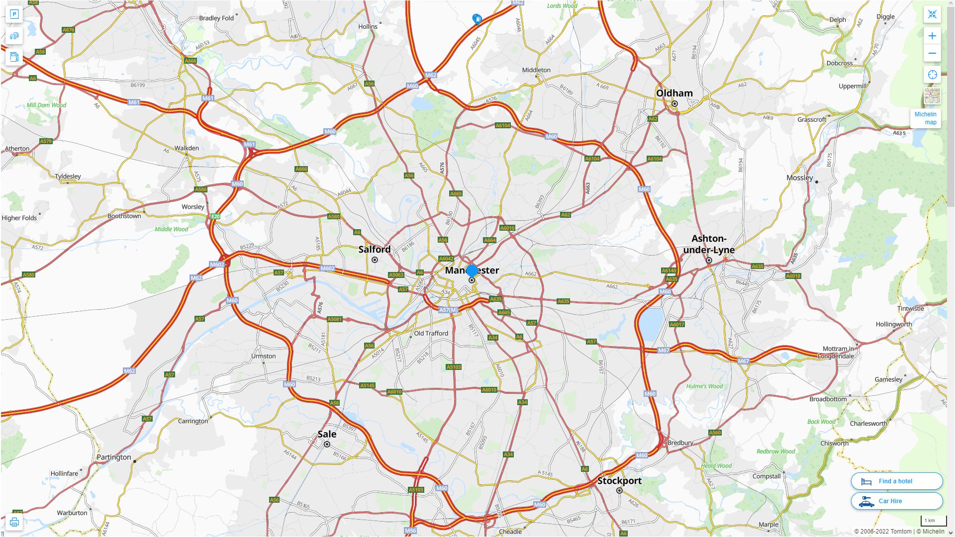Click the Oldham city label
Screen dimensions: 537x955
tap(674, 93)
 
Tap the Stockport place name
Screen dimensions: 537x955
tap(619, 481)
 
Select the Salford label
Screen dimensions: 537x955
tap(375, 250)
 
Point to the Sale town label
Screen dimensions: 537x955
tap(327, 434)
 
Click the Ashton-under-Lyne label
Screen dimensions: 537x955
tap(709, 244)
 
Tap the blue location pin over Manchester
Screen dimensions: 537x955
tap(472, 271)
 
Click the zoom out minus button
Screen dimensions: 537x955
tap(932, 54)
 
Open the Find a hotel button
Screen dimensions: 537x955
tap(896, 481)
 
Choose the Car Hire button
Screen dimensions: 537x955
tap(896, 501)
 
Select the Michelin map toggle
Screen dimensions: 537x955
tap(925, 118)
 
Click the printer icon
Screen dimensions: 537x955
tap(14, 522)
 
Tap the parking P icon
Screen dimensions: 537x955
tap(14, 14)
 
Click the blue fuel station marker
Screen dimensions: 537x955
tap(477, 19)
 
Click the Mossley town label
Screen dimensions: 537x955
tap(800, 178)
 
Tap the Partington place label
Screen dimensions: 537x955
tap(114, 457)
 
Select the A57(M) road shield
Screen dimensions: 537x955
tap(448, 310)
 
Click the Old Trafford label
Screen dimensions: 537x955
tap(431, 334)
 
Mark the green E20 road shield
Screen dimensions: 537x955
tap(215, 217)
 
